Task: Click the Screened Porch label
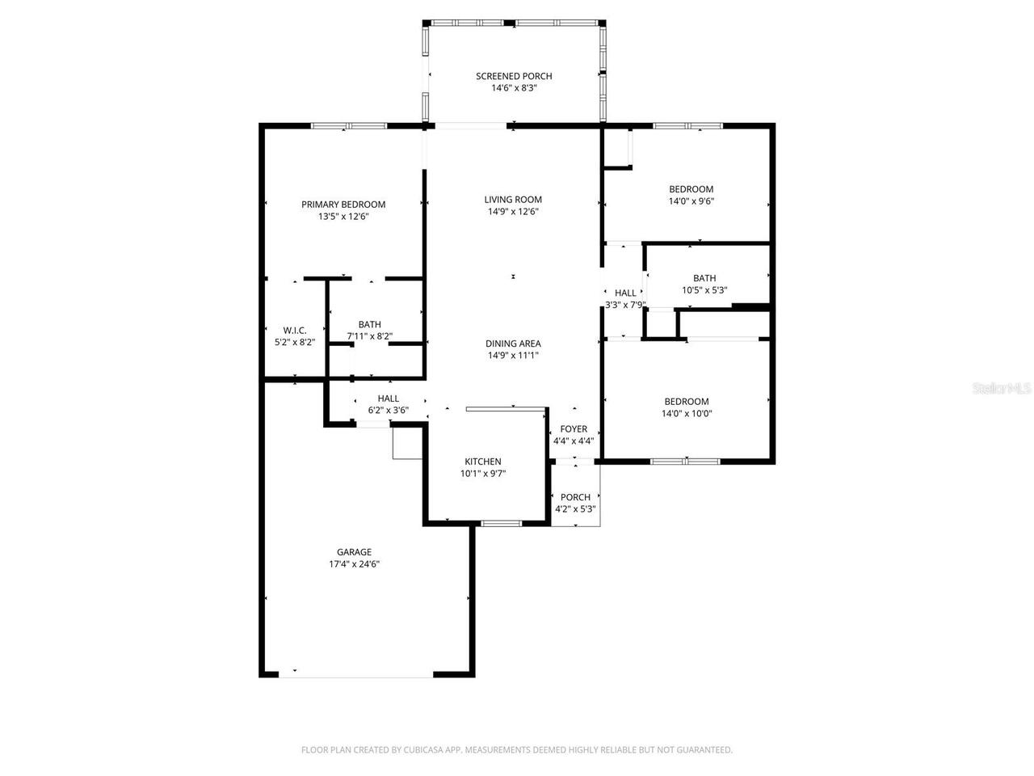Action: pos(514,76)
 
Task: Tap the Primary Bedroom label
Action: pos(343,205)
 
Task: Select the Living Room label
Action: pos(513,200)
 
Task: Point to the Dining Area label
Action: pos(513,344)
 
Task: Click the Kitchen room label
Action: pos(482,462)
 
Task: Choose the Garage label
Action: pos(355,552)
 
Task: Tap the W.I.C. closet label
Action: pos(294,330)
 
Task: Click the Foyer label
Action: pos(574,429)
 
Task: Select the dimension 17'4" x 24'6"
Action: pos(349,564)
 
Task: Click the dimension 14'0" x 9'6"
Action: pos(691,201)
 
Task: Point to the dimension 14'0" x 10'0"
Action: pos(687,413)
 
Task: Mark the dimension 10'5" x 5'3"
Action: pos(704,290)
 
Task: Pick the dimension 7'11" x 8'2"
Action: pos(370,336)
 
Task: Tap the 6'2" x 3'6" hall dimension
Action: pos(389,410)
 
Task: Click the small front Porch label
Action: pos(575,497)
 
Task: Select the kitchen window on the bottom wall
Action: pos(500,525)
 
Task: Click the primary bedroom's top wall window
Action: pos(349,125)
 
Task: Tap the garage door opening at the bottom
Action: pos(355,674)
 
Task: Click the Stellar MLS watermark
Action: pos(1002,389)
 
